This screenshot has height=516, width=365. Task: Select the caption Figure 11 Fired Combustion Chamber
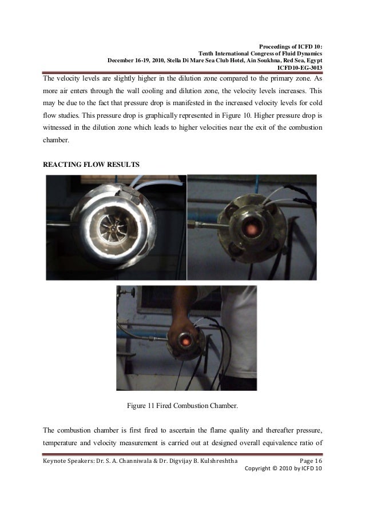tap(182, 407)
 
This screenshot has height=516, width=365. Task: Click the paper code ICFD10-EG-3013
tap(299, 69)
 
